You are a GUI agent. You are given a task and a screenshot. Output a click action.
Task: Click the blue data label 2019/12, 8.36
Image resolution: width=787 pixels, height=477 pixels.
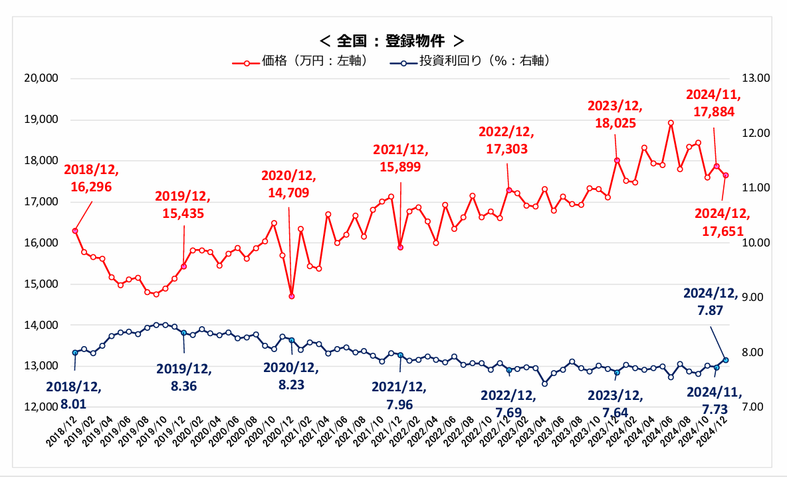[184, 377]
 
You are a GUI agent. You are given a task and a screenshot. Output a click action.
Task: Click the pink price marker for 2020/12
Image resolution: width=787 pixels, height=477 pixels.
[292, 296]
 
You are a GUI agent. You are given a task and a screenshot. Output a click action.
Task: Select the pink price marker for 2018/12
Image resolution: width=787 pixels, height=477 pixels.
[75, 231]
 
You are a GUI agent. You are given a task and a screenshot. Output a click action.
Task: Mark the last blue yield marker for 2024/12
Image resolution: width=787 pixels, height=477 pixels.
[726, 360]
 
